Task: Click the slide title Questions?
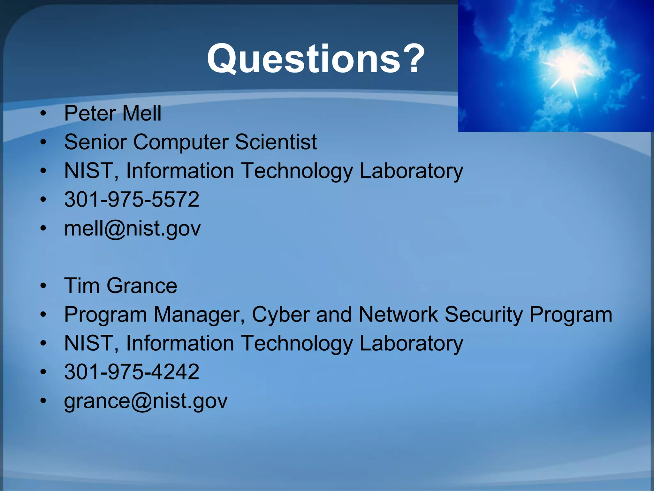pos(316,59)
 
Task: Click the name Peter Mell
pos(113,113)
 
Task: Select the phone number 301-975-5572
pos(132,199)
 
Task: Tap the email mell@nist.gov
pos(132,229)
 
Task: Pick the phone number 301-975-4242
pos(132,372)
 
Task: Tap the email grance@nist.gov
pos(146,401)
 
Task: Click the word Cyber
pos(280,315)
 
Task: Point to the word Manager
pos(199,315)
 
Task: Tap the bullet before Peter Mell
pos(44,113)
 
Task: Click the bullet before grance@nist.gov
pos(44,401)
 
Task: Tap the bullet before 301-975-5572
pos(44,199)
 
